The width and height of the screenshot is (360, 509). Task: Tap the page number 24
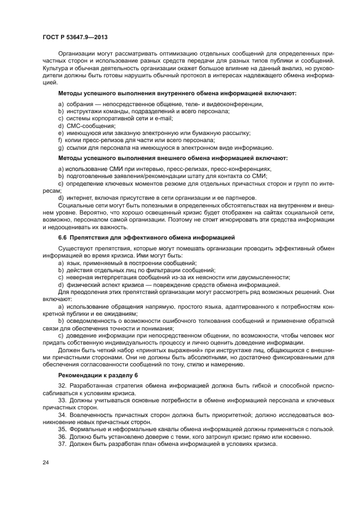[x=46, y=463]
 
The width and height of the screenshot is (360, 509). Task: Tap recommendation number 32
[x=62, y=386]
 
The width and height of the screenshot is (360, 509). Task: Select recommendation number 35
[x=62, y=430]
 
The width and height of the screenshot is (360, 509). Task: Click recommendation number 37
[x=62, y=444]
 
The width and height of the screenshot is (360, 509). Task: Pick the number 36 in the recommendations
[x=62, y=437]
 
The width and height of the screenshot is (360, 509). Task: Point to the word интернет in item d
[x=78, y=197]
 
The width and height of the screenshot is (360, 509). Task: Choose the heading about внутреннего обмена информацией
[x=177, y=93]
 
